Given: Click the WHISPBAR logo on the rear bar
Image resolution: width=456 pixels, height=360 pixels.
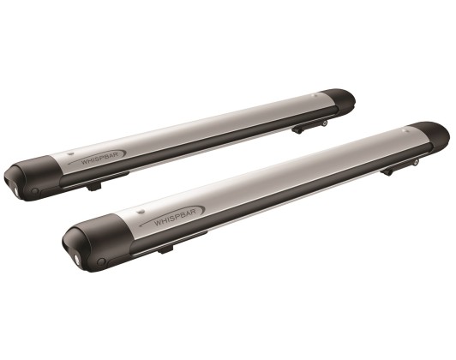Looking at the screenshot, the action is [99, 158].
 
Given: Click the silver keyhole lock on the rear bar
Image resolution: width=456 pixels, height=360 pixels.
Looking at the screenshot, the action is [15, 191].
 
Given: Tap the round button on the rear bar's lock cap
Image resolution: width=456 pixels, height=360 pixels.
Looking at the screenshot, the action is [35, 191].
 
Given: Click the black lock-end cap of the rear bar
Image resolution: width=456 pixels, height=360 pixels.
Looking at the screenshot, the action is [33, 178].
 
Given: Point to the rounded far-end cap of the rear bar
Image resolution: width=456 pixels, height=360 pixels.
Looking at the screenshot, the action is [339, 101].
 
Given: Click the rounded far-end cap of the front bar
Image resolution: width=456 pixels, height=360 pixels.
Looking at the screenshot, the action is [429, 135].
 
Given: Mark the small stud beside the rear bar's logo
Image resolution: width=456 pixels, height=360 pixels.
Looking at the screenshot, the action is [69, 153].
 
